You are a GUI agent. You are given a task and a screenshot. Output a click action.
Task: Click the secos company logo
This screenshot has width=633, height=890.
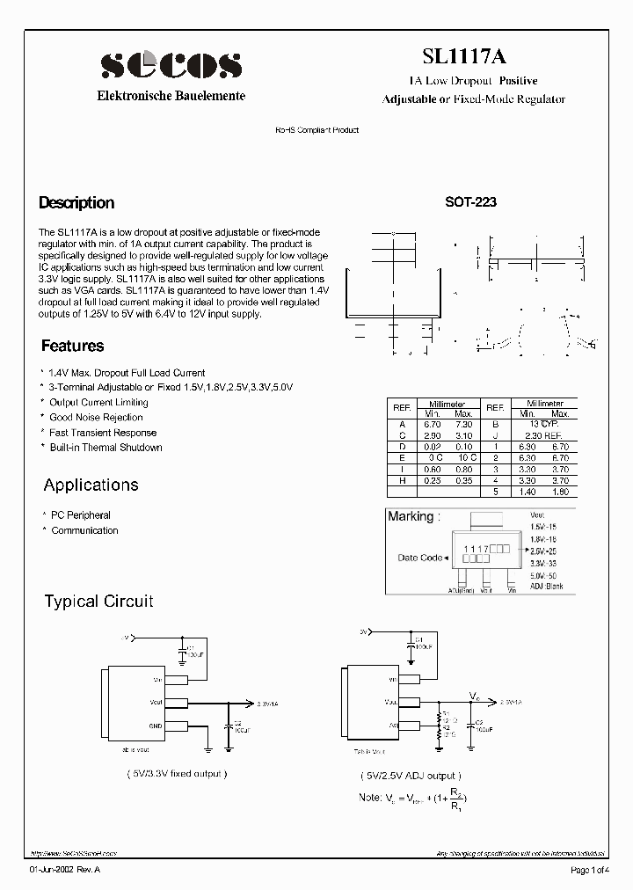[171, 65]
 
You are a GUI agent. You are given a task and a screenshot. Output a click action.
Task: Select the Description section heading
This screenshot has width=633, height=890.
[76, 203]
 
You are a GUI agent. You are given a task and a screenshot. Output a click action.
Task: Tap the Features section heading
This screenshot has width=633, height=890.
[72, 347]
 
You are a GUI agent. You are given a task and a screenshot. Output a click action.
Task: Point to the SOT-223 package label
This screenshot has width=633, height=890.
[470, 201]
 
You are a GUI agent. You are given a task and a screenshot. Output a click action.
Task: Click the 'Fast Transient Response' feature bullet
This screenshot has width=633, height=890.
[103, 433]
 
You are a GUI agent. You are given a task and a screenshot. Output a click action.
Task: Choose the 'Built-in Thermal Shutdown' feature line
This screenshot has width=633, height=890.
[105, 448]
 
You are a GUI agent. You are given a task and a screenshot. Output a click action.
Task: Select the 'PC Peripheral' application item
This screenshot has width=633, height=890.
[80, 515]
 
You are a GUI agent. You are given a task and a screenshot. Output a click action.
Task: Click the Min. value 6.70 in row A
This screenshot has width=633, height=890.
[433, 424]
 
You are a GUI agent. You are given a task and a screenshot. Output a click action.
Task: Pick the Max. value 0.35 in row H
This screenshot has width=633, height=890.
[463, 480]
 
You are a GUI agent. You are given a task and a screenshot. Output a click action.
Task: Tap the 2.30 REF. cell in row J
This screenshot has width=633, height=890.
[542, 434]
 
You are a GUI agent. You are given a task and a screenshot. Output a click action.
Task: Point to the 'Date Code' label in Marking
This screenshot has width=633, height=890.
[420, 558]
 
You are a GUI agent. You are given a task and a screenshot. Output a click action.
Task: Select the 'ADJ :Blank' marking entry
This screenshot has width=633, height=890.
[546, 586]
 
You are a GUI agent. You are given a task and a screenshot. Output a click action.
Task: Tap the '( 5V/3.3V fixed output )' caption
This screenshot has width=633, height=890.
[177, 774]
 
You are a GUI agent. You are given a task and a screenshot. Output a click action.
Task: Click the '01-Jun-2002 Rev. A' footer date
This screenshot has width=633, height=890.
[66, 871]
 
